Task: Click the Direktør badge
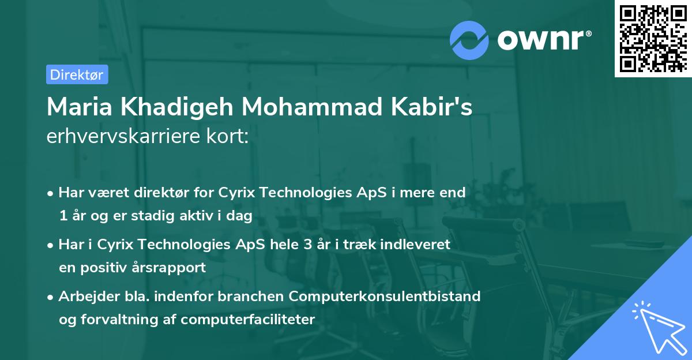click(77, 74)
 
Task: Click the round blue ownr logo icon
click(469, 40)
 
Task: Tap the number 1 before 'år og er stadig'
click(62, 216)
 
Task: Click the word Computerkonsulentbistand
click(385, 297)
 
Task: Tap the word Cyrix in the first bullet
click(238, 193)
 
